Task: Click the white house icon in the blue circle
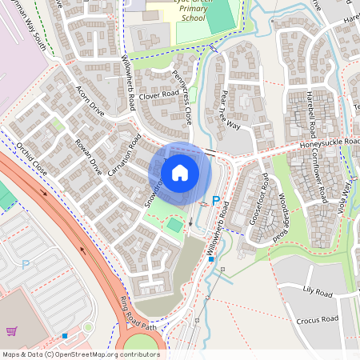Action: tap(180, 172)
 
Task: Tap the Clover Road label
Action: tap(158, 94)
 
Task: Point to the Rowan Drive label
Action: tap(90, 156)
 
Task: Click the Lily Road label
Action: tap(318, 294)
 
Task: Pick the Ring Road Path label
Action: tap(137, 313)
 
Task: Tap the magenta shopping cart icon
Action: tap(12, 331)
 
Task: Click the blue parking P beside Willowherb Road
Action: tap(214, 201)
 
